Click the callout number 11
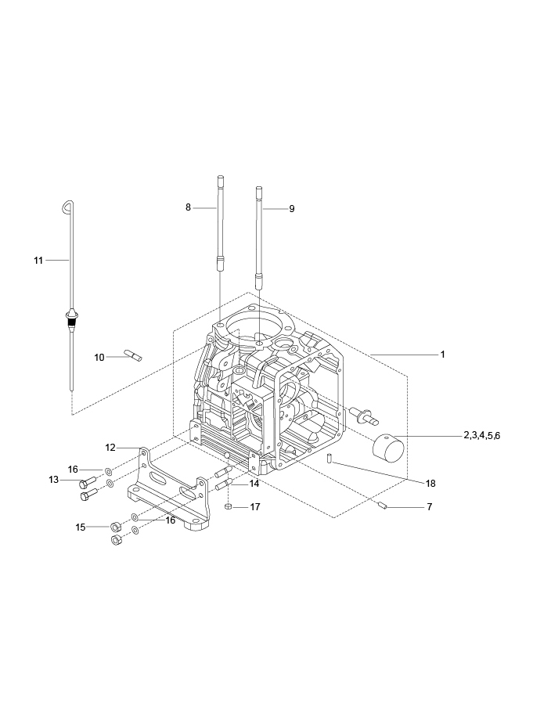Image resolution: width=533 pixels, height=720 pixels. [38, 260]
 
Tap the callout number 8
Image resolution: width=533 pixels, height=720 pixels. [188, 207]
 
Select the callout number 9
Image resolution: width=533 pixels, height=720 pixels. [291, 209]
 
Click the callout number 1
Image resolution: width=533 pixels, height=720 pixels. [442, 355]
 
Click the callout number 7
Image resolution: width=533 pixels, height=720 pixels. [429, 507]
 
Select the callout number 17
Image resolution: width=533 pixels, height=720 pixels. [255, 507]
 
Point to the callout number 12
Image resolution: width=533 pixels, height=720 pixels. [110, 447]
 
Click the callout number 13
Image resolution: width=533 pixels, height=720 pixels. [54, 480]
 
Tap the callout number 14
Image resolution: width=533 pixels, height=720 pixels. [254, 484]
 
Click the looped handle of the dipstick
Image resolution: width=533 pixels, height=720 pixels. [67, 206]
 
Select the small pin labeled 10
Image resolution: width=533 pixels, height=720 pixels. [134, 356]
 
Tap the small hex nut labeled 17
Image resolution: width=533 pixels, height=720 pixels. [228, 507]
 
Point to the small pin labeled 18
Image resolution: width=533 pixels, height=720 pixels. [330, 457]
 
